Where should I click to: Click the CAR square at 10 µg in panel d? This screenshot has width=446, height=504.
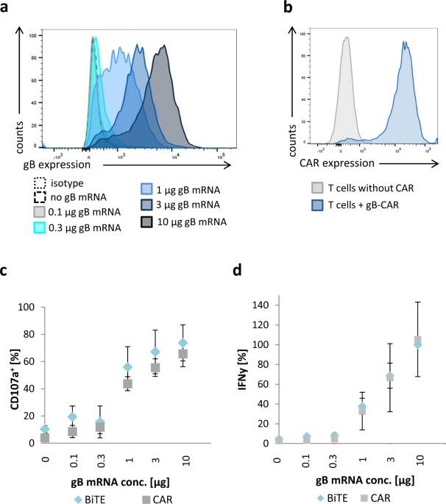pyautogui.click(x=418, y=341)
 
